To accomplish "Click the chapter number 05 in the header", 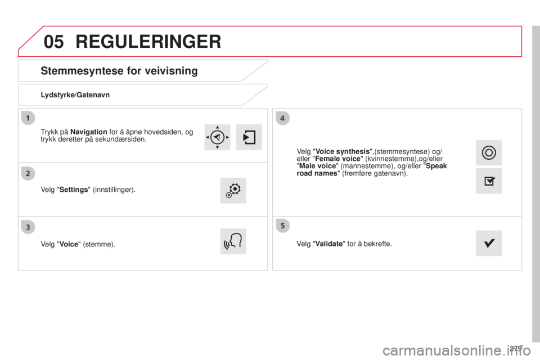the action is tap(54, 42).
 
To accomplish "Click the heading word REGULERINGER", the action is tap(148, 42).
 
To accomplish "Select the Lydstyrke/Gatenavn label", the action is tap(75, 94).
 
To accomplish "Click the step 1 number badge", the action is tap(28, 118).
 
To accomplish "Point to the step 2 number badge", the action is tap(28, 173).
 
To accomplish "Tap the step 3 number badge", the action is tap(28, 227).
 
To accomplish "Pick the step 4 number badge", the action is tap(282, 118).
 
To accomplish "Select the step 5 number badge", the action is tap(282, 226).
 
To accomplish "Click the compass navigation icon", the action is tap(217, 137).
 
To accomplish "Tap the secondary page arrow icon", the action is tap(249, 137).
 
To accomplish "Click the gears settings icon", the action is tap(233, 191).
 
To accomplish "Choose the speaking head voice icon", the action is tap(233, 241).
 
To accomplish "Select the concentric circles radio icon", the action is tap(489, 152).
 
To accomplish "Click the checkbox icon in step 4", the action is tap(489, 181).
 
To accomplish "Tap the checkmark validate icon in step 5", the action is tap(489, 243).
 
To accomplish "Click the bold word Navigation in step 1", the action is tap(88, 132).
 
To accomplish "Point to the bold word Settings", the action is tap(74, 190).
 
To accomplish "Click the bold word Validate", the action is tap(329, 244).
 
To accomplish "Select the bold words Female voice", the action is tap(337, 159).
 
